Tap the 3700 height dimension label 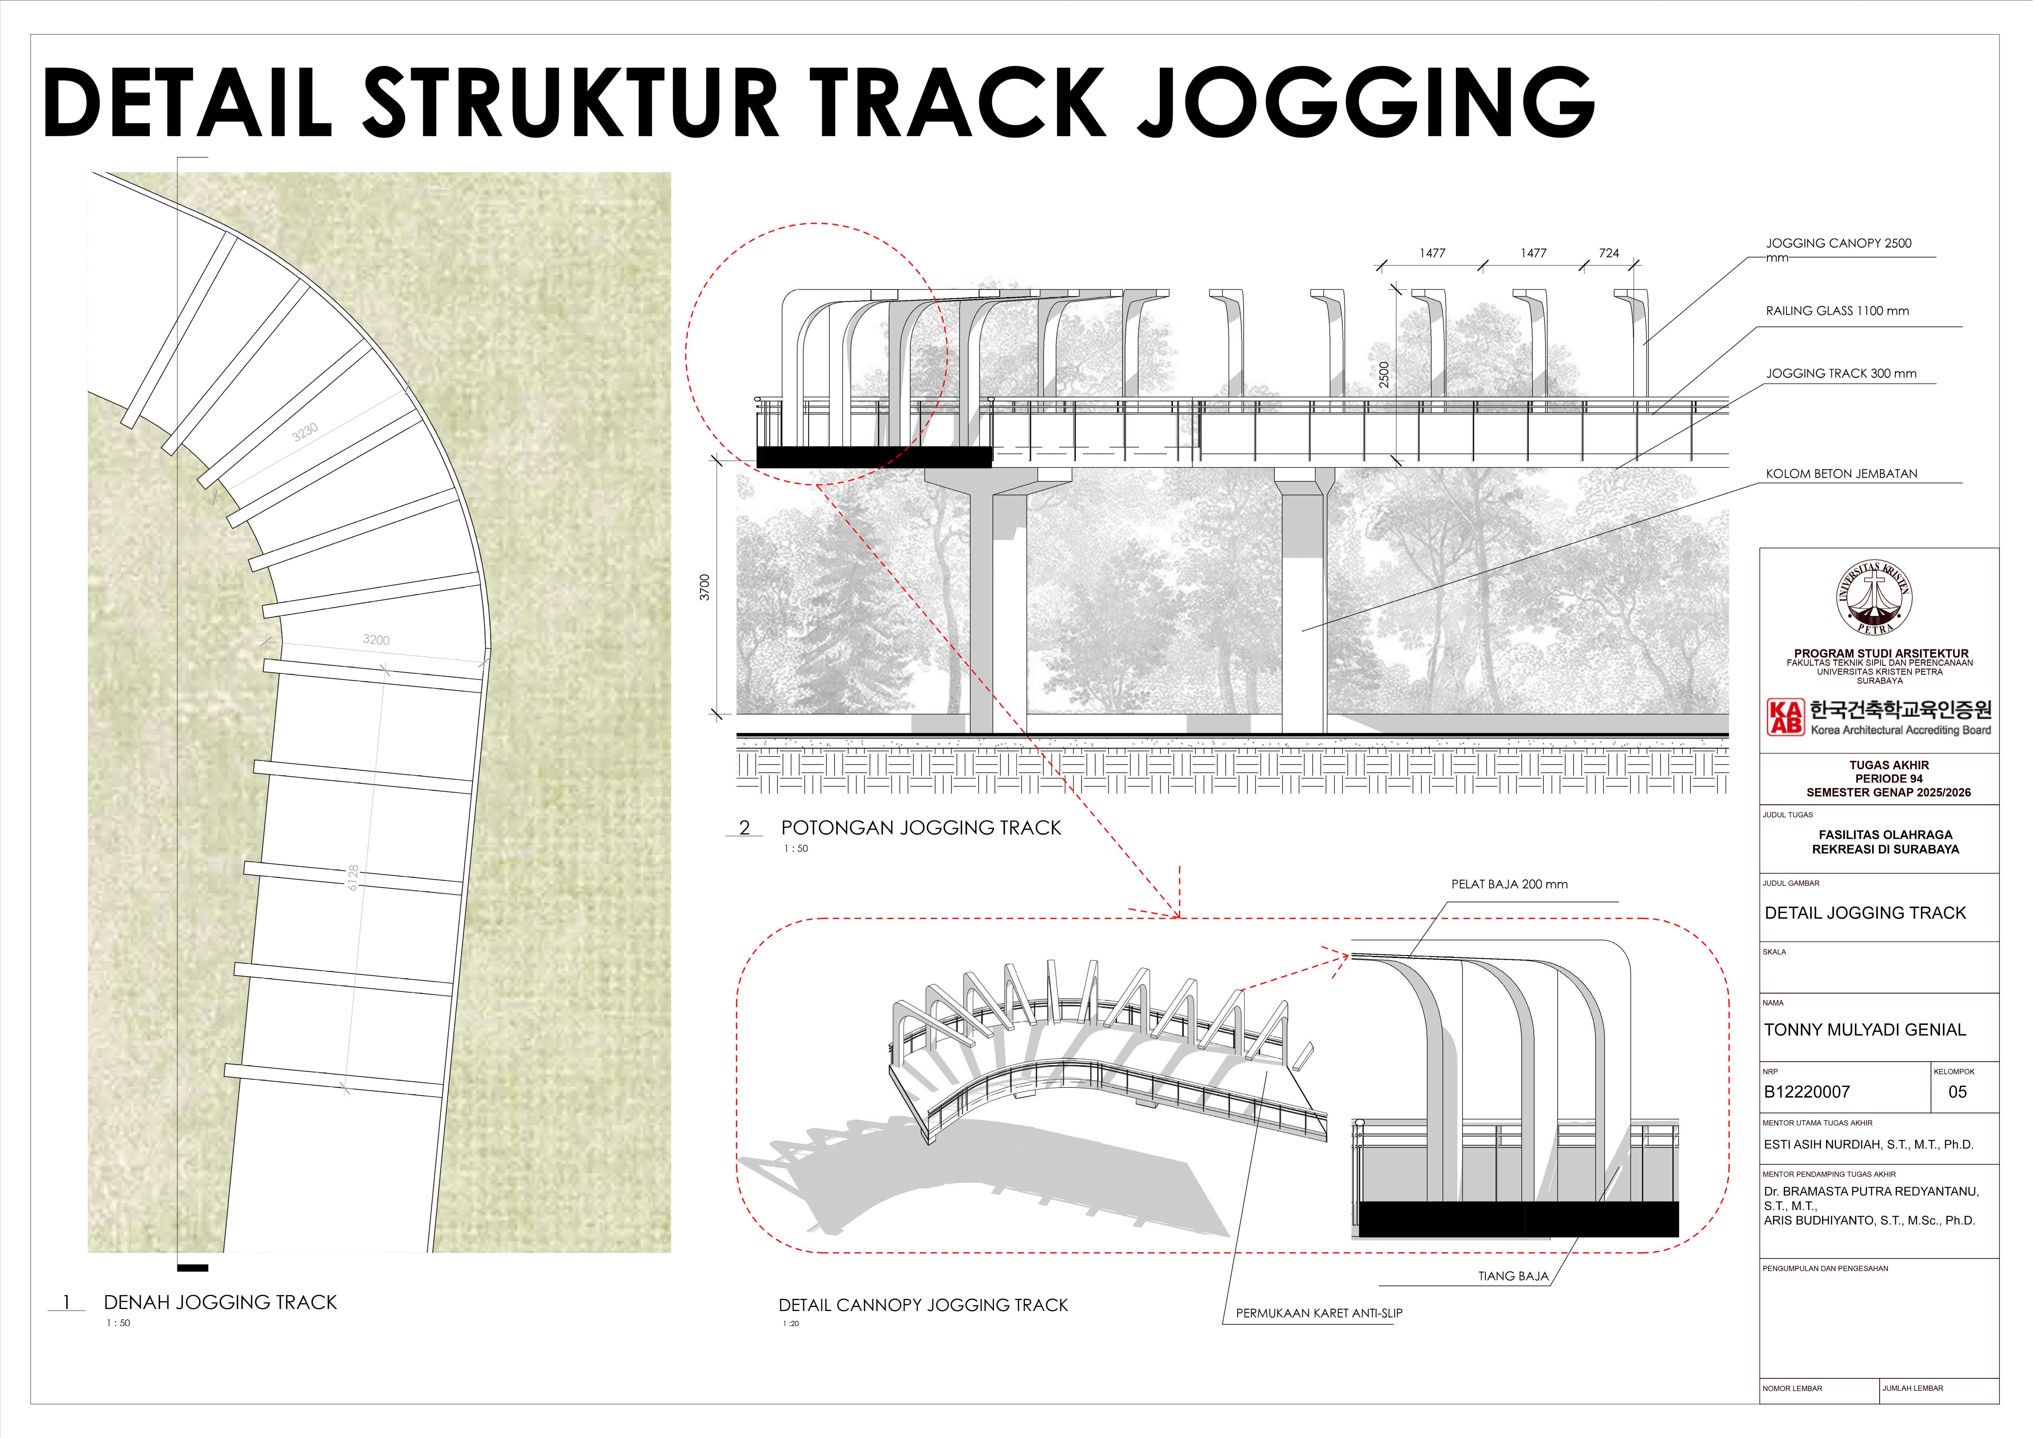705,588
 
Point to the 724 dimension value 1609,253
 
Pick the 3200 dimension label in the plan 376,640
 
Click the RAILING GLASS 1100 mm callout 1837,311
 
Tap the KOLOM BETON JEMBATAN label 1841,474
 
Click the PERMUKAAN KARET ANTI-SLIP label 1319,1313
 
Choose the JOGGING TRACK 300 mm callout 1841,374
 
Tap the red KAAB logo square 1785,717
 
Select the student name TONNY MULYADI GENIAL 1865,1030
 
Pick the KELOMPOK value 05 1958,1092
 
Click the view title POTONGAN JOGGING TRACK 920,828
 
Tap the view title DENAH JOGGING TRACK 221,1302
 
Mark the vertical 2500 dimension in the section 1385,375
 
